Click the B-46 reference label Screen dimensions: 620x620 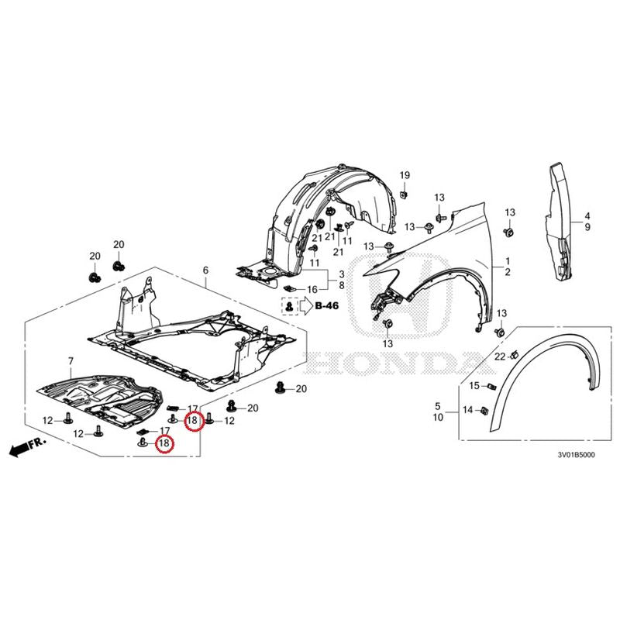pyautogui.click(x=326, y=305)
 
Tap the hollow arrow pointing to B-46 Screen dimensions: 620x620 pyautogui.click(x=306, y=305)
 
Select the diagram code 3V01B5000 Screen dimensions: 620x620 pyautogui.click(x=576, y=455)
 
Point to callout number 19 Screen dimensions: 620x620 pyautogui.click(x=405, y=175)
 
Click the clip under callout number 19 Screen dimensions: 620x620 pyautogui.click(x=404, y=195)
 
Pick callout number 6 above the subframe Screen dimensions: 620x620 pyautogui.click(x=205, y=270)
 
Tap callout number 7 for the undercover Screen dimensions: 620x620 pyautogui.click(x=71, y=361)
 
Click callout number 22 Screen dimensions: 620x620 pyautogui.click(x=500, y=356)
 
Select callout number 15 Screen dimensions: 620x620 pyautogui.click(x=474, y=385)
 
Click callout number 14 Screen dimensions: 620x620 pyautogui.click(x=468, y=410)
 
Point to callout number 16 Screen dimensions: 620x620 pyautogui.click(x=312, y=289)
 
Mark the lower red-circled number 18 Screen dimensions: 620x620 pyautogui.click(x=164, y=443)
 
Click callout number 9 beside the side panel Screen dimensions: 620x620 pyautogui.click(x=587, y=227)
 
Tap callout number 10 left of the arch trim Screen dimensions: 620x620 pyautogui.click(x=438, y=417)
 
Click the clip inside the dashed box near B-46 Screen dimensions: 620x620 pyautogui.click(x=291, y=305)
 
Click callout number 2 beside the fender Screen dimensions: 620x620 pyautogui.click(x=508, y=272)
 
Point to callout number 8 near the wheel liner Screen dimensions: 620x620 pyautogui.click(x=341, y=285)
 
